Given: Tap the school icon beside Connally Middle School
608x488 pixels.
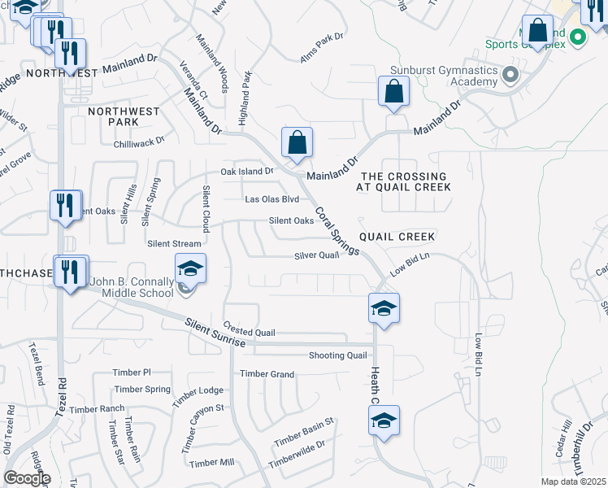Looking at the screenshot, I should click(190, 269).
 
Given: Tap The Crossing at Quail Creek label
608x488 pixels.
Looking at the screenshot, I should click(404, 181).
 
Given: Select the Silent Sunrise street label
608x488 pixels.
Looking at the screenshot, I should click(215, 333).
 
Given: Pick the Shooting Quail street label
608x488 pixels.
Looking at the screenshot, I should click(338, 355).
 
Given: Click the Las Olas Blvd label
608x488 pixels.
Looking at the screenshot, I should click(272, 199).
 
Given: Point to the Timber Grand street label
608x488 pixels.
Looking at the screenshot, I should click(267, 374).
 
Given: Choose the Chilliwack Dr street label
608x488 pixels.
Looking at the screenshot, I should click(139, 140).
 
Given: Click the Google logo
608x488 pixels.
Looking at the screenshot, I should click(27, 478).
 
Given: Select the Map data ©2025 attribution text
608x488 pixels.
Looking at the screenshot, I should click(573, 481).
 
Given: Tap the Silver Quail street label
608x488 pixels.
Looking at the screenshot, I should click(316, 255).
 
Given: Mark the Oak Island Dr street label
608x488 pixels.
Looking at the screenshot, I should click(248, 172).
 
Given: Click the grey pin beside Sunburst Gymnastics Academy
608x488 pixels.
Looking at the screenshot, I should click(510, 76).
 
